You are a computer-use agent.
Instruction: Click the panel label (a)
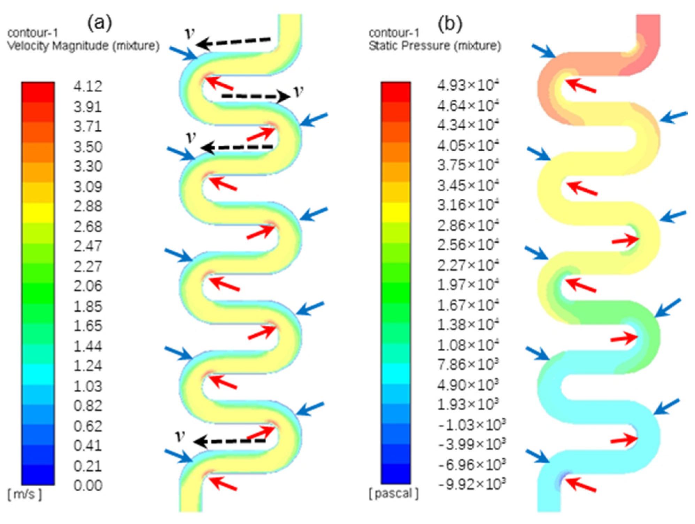click(x=100, y=23)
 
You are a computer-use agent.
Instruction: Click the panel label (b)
click(x=450, y=23)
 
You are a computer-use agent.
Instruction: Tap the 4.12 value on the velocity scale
click(x=88, y=86)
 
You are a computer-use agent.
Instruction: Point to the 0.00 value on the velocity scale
click(x=88, y=485)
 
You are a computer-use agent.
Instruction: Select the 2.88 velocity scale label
click(x=88, y=206)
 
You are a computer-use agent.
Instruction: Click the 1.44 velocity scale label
click(x=88, y=346)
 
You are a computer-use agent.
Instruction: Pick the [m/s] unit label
click(x=24, y=494)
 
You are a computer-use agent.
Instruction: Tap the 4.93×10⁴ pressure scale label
click(x=468, y=85)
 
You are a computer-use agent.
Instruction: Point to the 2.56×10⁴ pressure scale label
click(x=468, y=245)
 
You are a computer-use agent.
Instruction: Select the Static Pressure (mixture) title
click(x=435, y=46)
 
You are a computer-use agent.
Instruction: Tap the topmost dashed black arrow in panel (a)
click(x=233, y=42)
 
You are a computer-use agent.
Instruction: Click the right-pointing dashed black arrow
click(x=255, y=96)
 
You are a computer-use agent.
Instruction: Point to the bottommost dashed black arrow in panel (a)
click(x=230, y=442)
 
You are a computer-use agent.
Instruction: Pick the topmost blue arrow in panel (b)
click(x=543, y=51)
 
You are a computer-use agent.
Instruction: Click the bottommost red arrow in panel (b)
click(x=580, y=485)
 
